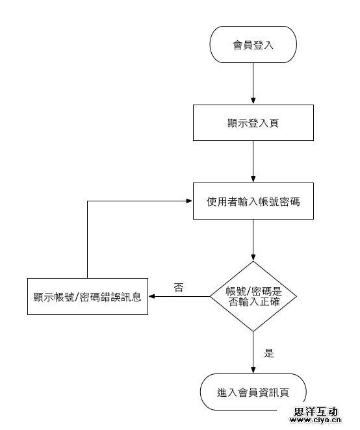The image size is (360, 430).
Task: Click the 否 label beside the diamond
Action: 179,287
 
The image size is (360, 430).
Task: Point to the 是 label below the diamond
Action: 269,353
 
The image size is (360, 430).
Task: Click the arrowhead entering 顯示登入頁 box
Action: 253,101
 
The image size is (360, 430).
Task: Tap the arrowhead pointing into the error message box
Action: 152,296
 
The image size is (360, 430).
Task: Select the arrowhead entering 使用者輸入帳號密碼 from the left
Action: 189,201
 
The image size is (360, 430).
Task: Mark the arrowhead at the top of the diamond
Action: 253,257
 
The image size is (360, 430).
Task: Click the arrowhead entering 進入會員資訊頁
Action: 253,370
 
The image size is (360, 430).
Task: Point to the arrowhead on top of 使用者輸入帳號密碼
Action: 253,179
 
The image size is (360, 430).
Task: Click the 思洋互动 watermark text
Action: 316,411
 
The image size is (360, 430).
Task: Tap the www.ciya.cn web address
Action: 315,420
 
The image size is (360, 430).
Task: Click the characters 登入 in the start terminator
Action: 263,45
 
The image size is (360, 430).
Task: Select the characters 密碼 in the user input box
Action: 289,201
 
